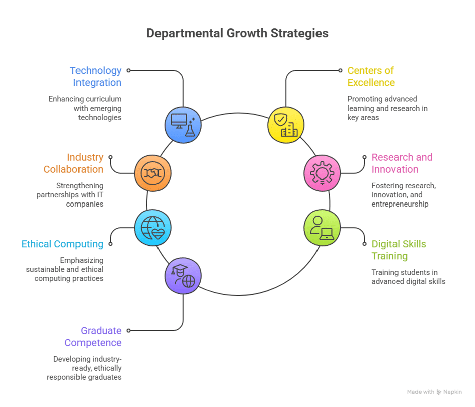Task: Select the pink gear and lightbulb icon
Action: [x=322, y=173]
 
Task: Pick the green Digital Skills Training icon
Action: [x=322, y=228]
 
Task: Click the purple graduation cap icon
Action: [x=183, y=277]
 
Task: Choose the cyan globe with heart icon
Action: [x=153, y=228]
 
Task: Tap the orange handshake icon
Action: [x=153, y=173]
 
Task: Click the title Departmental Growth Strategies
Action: [x=237, y=33]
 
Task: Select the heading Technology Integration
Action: [x=96, y=76]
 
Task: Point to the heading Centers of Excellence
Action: [x=371, y=76]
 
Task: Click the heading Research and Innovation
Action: [x=402, y=163]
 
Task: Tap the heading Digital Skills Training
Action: [x=399, y=250]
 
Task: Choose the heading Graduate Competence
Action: [x=93, y=336]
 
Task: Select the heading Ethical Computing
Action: [x=62, y=244]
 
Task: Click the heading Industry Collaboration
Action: [x=73, y=163]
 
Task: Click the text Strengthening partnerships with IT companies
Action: [x=70, y=195]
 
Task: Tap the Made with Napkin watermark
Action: [x=434, y=392]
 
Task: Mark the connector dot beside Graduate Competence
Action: [x=129, y=331]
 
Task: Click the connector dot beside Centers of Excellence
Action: [x=340, y=71]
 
